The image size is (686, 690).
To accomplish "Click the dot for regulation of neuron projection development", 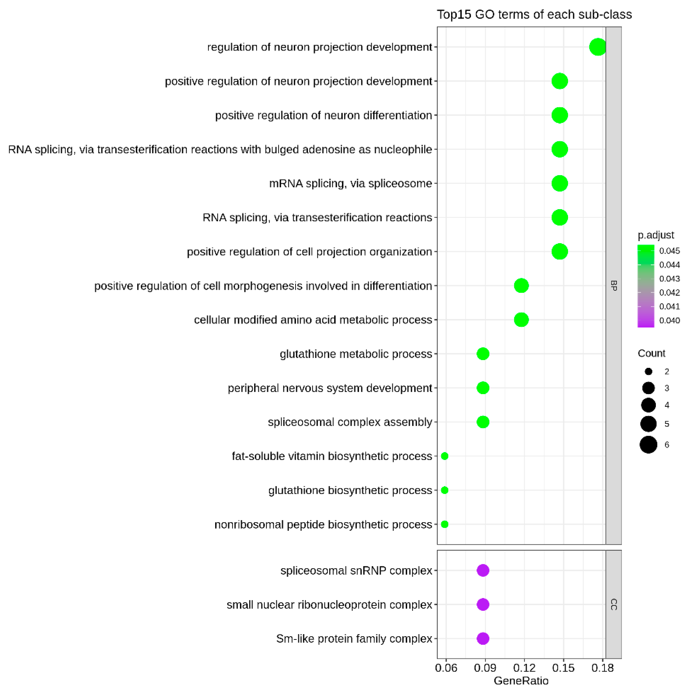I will coord(598,47).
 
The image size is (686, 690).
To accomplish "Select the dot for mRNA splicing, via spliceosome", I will coord(559,184).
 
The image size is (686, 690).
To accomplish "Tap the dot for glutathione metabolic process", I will coord(483,354).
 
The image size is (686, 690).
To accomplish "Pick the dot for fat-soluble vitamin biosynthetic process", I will coord(444,456).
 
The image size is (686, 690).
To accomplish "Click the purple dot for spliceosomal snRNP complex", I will coord(483,571).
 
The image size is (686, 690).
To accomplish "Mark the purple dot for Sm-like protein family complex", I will coord(483,639).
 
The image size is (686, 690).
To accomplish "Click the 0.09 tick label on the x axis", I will coord(485,668).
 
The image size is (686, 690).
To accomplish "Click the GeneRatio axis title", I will coord(521,681).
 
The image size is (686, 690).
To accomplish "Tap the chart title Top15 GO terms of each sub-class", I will coord(534,15).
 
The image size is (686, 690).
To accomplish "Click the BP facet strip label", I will coord(614,286).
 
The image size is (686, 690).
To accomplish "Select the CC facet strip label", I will coord(614,605).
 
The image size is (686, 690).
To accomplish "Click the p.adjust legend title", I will coord(656,235).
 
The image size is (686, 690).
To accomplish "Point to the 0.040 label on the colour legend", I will coord(669,321).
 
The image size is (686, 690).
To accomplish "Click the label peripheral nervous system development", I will coord(330,388).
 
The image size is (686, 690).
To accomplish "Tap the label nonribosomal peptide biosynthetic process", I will coord(323,524).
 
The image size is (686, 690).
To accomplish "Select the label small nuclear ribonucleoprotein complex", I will coord(329,605).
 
